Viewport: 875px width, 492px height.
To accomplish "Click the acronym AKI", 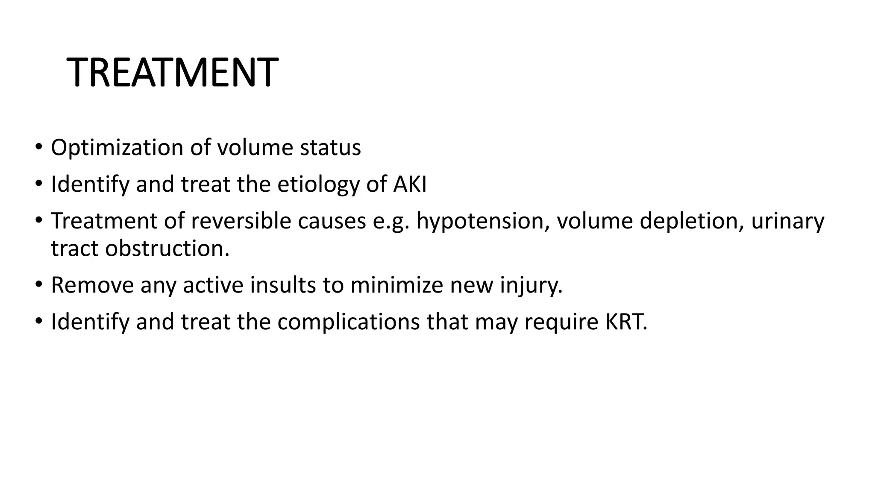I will pyautogui.click(x=410, y=184).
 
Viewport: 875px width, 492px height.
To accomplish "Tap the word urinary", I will pyautogui.click(x=787, y=221).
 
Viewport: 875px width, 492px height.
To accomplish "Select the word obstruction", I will pyautogui.click(x=167, y=249).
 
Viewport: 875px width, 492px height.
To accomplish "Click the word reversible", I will pyautogui.click(x=241, y=221).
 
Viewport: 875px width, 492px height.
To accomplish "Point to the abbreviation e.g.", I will pyautogui.click(x=391, y=221).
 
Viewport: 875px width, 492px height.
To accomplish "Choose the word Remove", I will pyautogui.click(x=92, y=285).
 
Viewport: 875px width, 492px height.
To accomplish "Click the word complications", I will pyautogui.click(x=348, y=322).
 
